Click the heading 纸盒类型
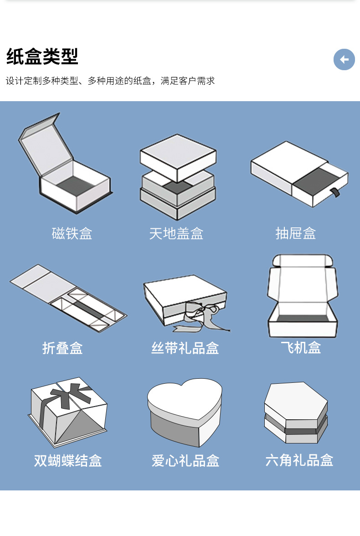pyautogui.click(x=42, y=57)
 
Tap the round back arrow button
pyautogui.click(x=344, y=59)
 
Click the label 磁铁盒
pyautogui.click(x=72, y=233)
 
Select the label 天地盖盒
pyautogui.click(x=176, y=233)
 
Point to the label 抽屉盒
pyautogui.click(x=295, y=233)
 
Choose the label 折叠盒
pyautogui.click(x=62, y=348)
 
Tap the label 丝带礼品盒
pyautogui.click(x=185, y=348)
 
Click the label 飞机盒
pyautogui.click(x=301, y=347)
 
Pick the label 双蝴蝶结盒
pyautogui.click(x=68, y=460)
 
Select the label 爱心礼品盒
pyautogui.click(x=185, y=460)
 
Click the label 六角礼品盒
pyautogui.click(x=299, y=460)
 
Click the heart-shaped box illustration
pyautogui.click(x=185, y=410)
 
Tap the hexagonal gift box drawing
pyautogui.click(x=296, y=412)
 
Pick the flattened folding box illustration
pyautogui.click(x=68, y=299)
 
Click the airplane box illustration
pyautogui.click(x=302, y=296)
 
